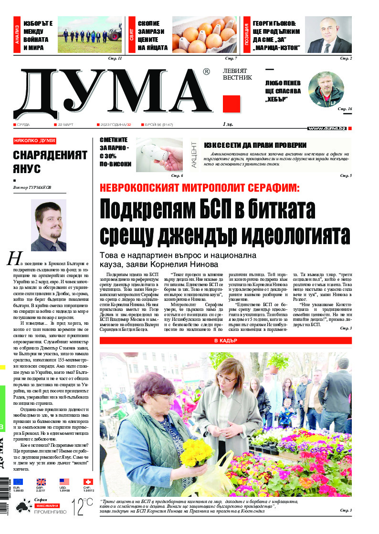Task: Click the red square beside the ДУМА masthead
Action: (232, 103)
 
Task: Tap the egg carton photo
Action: (204, 35)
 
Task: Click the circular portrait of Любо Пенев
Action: (326, 89)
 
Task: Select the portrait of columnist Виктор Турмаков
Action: (49, 226)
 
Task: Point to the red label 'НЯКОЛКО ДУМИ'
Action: (34, 141)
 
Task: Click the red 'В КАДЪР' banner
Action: (225, 341)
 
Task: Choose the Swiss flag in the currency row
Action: (88, 482)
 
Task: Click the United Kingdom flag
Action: (42, 482)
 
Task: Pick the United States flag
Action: (64, 482)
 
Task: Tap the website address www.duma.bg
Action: (327, 128)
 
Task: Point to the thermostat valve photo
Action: (159, 155)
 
